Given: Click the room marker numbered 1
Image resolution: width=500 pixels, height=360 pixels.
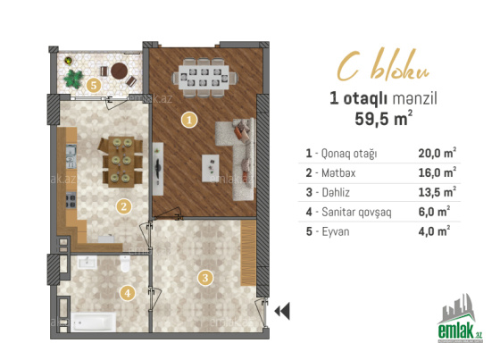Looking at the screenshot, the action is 189,121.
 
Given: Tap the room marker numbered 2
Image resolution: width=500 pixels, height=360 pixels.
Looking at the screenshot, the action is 124,206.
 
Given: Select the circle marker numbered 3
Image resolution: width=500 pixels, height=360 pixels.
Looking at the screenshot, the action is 205,278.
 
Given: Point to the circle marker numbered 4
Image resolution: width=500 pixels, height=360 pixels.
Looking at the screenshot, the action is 128,293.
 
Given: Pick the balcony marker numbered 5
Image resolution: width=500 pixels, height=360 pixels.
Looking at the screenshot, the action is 94,85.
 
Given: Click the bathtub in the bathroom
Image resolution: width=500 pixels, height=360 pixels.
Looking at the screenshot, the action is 94,322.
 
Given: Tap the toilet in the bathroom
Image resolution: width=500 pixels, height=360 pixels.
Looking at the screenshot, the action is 125,264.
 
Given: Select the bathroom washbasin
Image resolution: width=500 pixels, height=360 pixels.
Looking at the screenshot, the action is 87,263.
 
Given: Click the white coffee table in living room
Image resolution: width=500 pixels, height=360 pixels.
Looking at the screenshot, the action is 211,168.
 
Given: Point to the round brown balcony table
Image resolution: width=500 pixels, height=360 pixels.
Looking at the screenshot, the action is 120,71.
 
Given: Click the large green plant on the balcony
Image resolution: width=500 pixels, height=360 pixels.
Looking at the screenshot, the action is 73,79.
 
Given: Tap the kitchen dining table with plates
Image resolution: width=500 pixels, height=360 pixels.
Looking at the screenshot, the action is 121,162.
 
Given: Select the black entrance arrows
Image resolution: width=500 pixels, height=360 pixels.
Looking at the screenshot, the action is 282,311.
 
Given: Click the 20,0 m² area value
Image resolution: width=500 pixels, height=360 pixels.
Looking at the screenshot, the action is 437,153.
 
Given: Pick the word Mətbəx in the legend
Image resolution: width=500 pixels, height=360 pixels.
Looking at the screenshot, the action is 338,173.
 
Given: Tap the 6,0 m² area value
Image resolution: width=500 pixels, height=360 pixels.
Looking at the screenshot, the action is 434,212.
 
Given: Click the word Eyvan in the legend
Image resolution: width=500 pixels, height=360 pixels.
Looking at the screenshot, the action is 336,231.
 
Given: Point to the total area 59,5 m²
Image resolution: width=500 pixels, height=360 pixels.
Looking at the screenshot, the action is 384,119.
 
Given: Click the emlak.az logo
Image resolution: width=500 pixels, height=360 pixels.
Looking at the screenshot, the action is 460,319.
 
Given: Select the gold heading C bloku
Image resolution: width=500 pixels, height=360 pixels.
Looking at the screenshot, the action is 384,66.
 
